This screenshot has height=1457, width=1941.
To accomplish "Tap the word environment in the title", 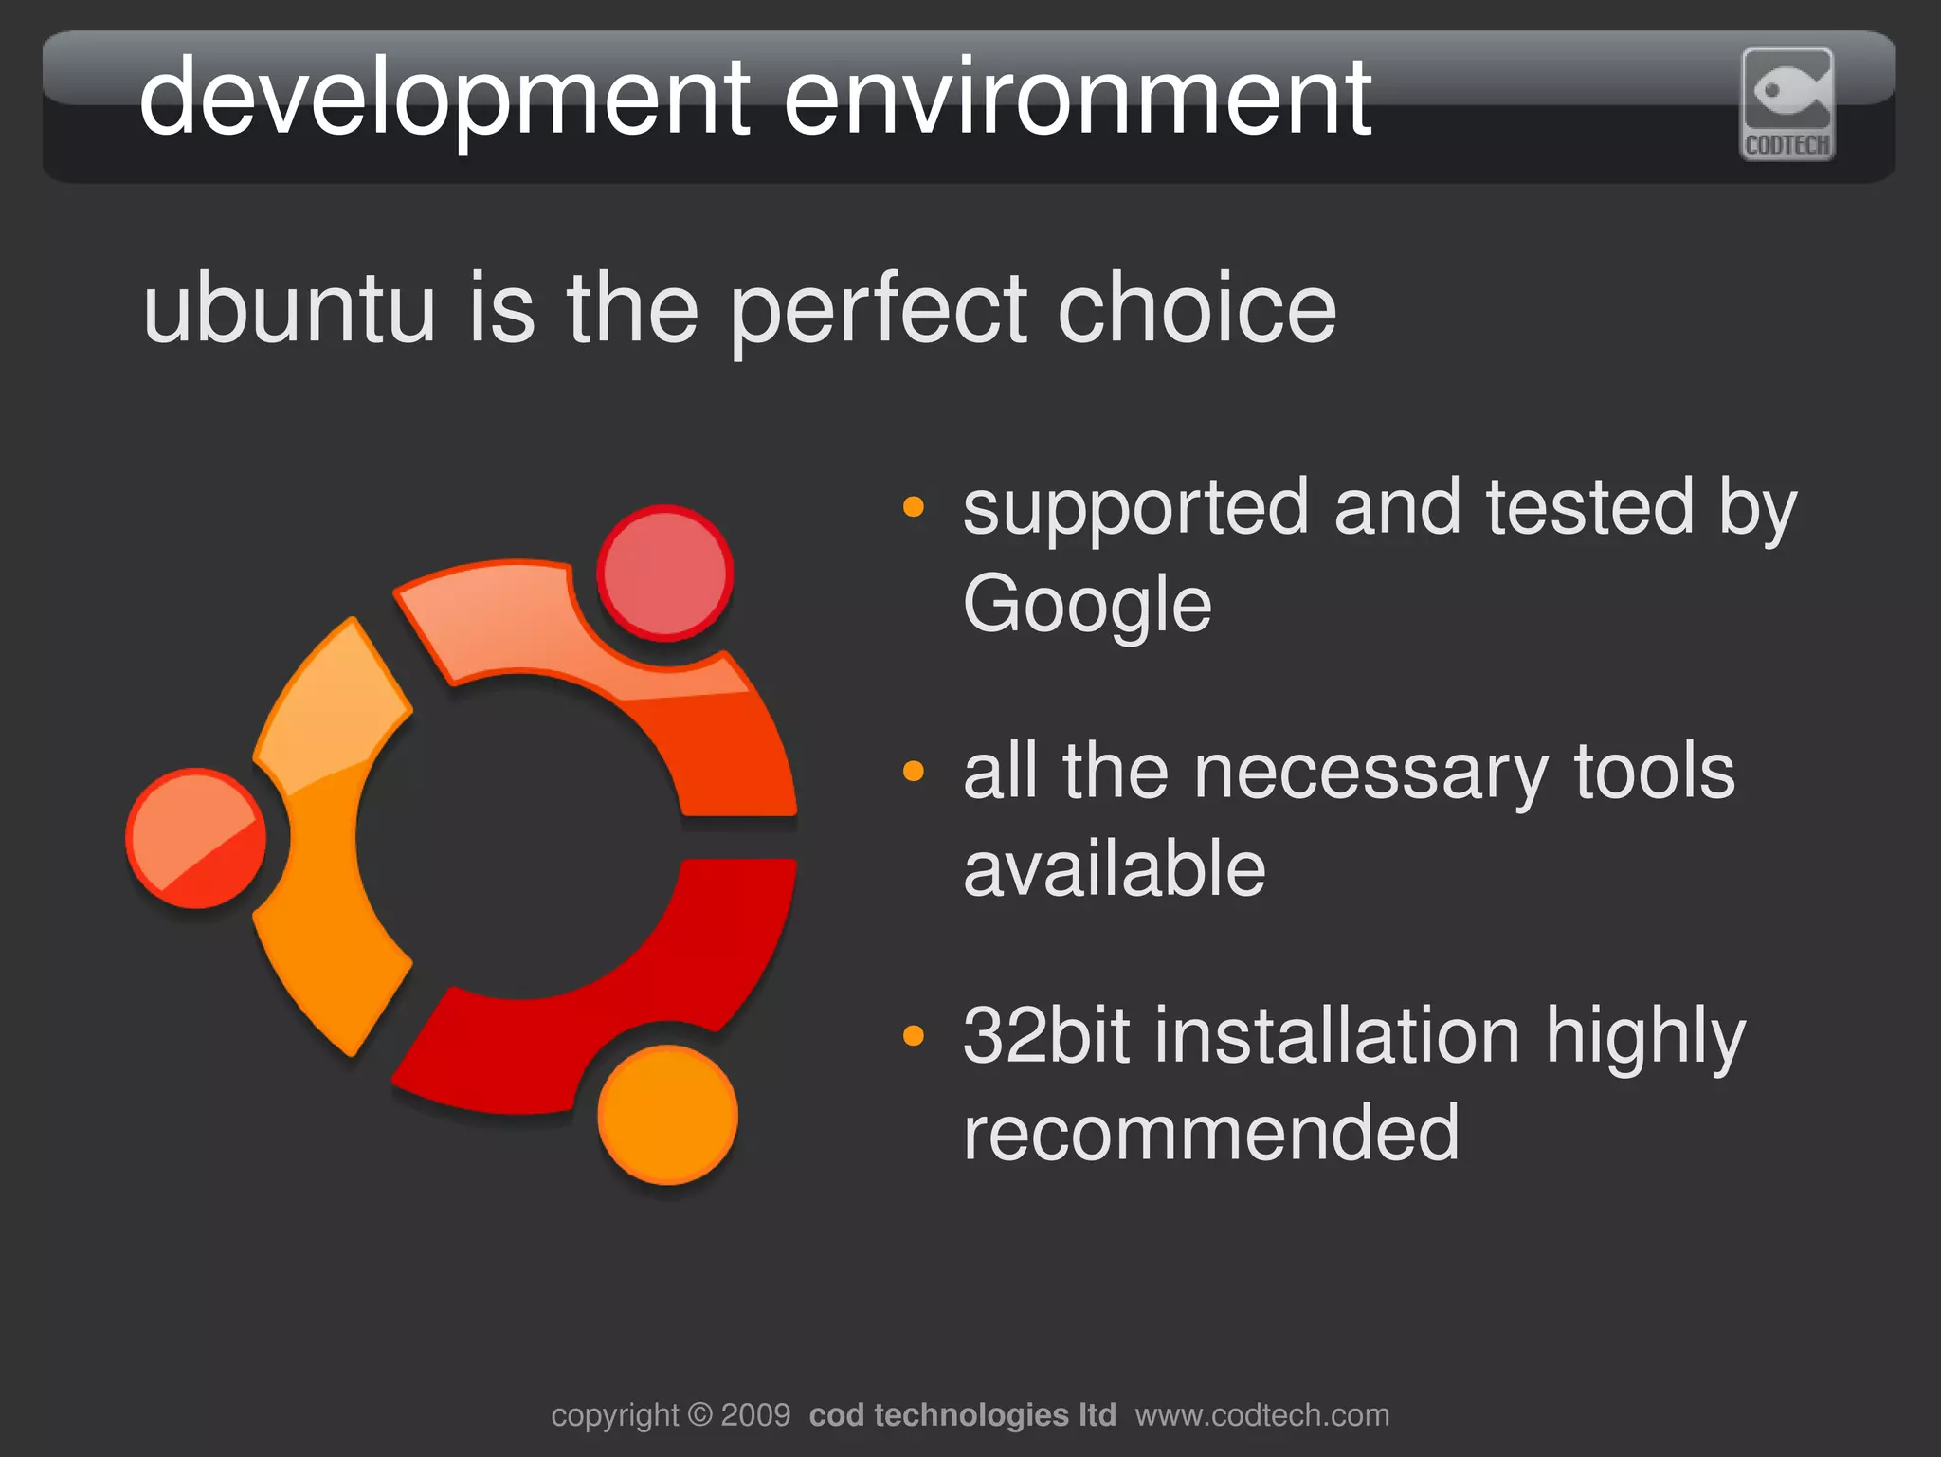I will point(1077,98).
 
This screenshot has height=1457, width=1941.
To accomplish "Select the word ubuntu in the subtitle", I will point(289,308).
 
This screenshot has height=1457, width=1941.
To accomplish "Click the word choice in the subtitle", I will point(1196,308).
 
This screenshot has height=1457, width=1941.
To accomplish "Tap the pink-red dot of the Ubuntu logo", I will point(665,574).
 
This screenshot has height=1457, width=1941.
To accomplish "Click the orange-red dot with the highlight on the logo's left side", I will point(196,838).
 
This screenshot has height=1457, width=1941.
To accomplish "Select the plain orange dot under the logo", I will point(667,1115).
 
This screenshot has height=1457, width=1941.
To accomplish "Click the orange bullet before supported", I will point(913,506).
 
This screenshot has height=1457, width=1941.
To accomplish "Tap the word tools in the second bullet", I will point(1654,773).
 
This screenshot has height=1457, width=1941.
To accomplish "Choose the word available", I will point(1115,869).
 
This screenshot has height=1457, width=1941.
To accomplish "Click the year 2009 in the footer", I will point(755,1414).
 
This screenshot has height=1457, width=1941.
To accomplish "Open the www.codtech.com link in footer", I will point(1261,1414).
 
